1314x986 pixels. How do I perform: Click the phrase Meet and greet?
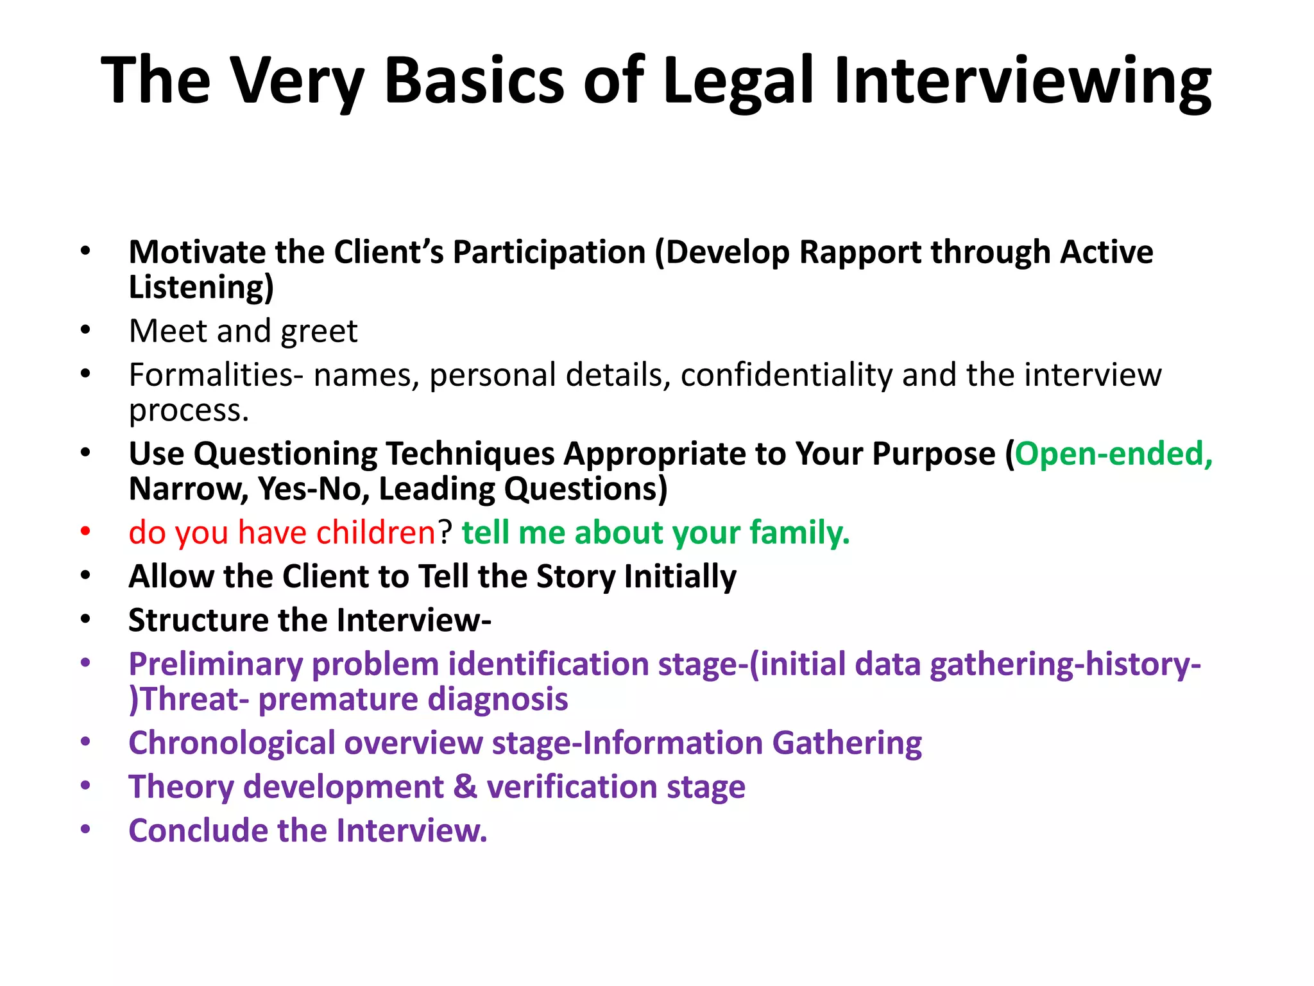point(243,331)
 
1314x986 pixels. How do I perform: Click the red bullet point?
point(86,532)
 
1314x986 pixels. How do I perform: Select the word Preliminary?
point(215,664)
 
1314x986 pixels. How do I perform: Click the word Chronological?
point(231,743)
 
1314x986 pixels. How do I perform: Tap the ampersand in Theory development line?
point(465,787)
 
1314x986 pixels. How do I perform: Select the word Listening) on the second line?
point(201,287)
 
